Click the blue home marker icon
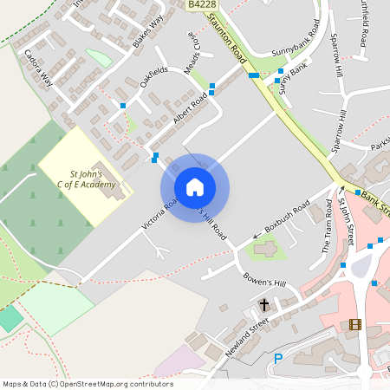click(x=195, y=187)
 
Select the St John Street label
click(x=346, y=221)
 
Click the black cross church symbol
click(x=264, y=305)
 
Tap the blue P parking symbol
click(x=278, y=358)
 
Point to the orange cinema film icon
click(x=354, y=324)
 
